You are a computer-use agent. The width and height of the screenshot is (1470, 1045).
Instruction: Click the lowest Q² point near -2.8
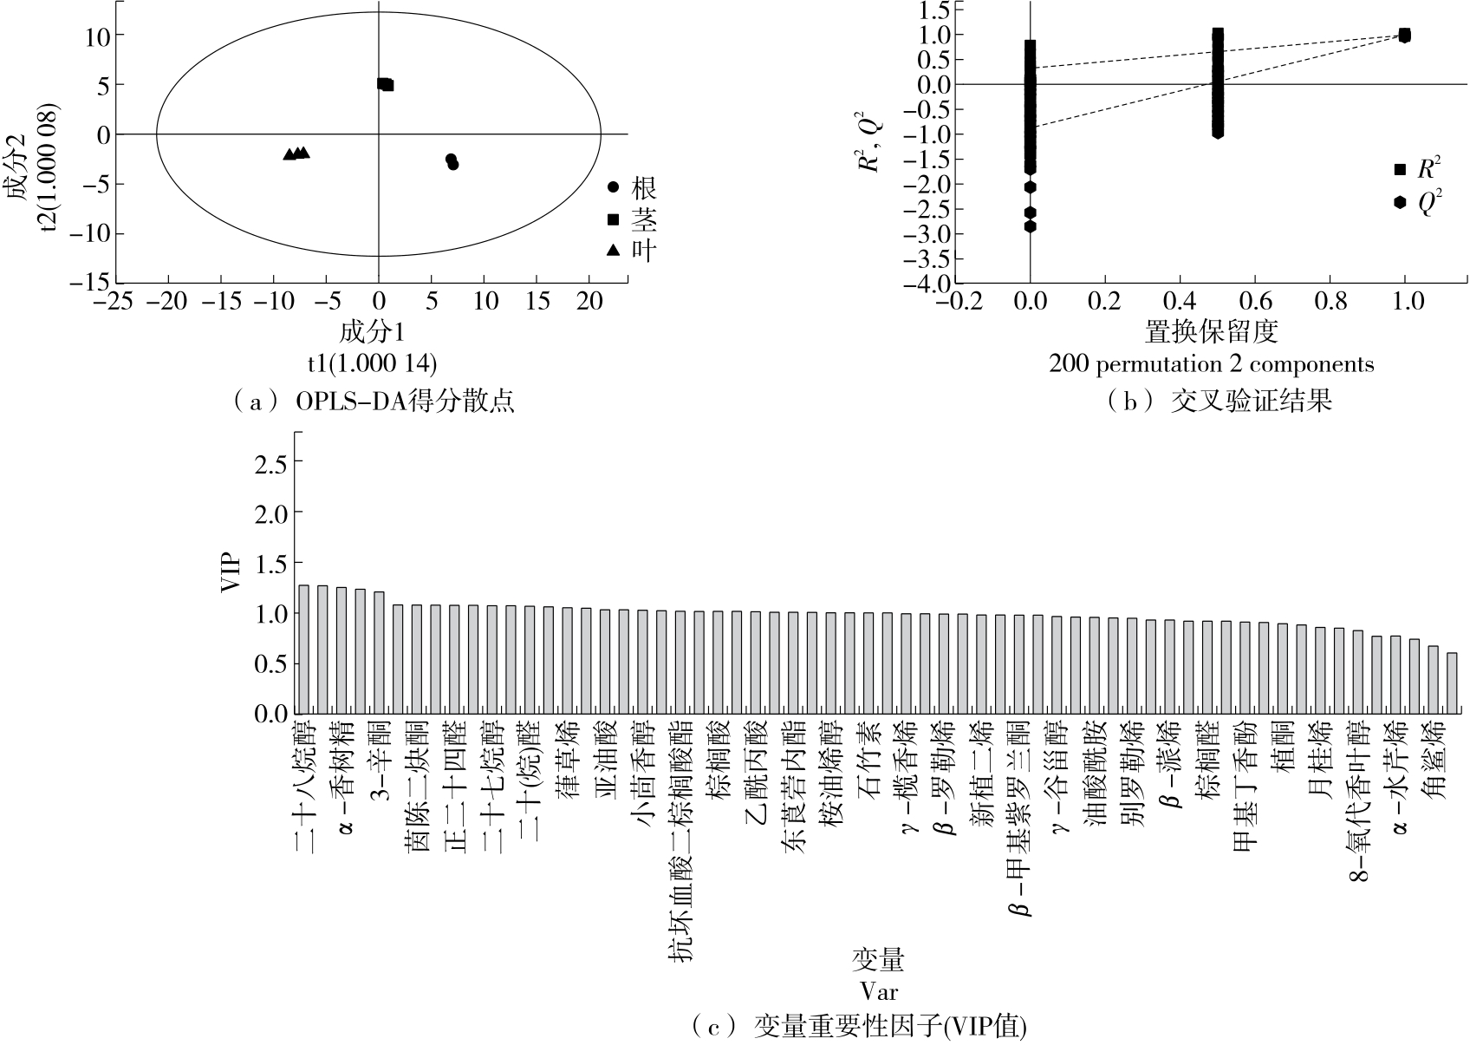(x=1031, y=226)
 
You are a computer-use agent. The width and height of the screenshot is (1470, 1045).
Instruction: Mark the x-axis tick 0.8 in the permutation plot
(x=1330, y=301)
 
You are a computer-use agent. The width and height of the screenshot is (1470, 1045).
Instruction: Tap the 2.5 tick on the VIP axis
(x=268, y=463)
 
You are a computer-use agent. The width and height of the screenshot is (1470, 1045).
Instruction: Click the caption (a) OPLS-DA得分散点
(x=374, y=402)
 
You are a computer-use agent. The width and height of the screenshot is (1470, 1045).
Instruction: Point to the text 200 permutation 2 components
(x=1212, y=364)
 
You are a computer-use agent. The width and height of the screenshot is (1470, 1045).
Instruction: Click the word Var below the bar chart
(x=878, y=990)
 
